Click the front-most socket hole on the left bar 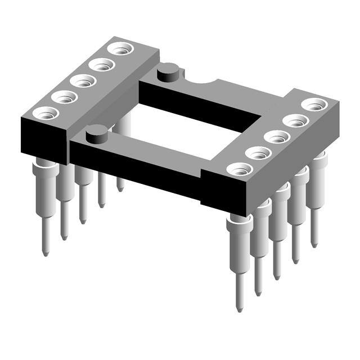[45, 112]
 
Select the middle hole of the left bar [83, 81]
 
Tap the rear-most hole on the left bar [119, 49]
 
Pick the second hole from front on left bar [64, 97]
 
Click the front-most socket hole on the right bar [240, 168]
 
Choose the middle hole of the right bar [276, 136]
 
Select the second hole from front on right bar [258, 152]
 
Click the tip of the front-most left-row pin [46, 253]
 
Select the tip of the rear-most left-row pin [120, 188]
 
